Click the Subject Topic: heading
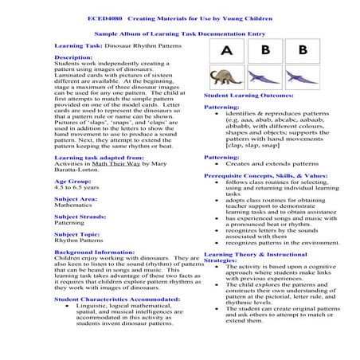pyautogui.click(x=76, y=234)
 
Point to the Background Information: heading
pyautogui.click(x=96, y=252)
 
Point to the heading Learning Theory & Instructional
pyautogui.click(x=255, y=253)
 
